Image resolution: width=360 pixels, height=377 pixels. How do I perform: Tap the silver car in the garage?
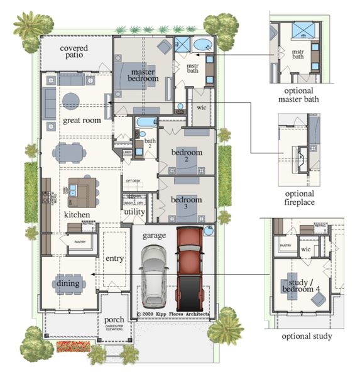[154, 274]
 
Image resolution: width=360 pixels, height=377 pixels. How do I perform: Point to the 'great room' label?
[82, 120]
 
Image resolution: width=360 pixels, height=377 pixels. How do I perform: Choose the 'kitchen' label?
[76, 215]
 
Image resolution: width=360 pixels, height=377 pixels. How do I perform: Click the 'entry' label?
[114, 259]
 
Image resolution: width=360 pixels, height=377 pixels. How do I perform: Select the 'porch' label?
[118, 320]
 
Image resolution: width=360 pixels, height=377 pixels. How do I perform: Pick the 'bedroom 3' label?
[187, 204]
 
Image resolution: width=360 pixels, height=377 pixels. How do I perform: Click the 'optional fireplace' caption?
[300, 199]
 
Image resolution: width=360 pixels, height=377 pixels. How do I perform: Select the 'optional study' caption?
[307, 336]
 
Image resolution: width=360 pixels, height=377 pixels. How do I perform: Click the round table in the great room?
[70, 101]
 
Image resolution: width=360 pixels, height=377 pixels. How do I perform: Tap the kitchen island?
[82, 191]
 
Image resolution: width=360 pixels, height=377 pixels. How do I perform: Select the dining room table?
[68, 283]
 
